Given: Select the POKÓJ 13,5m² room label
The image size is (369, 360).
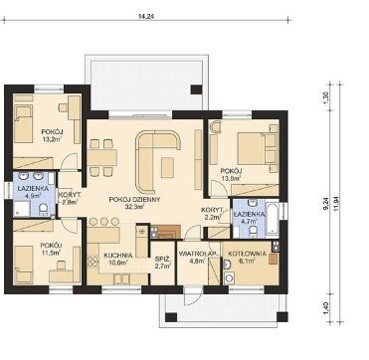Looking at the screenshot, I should pyautogui.click(x=232, y=175).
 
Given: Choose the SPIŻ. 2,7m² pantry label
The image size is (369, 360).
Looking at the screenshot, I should pyautogui.click(x=163, y=264).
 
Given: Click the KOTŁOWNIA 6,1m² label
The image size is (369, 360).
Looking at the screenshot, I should pyautogui.click(x=246, y=258).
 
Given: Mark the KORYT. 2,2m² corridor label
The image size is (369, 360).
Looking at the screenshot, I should pyautogui.click(x=212, y=214).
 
